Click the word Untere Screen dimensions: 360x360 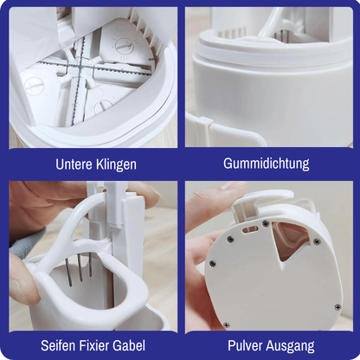point(74,164)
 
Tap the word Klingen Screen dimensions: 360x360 point(116,165)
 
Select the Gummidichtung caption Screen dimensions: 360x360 point(267,164)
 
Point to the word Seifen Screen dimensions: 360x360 point(58,345)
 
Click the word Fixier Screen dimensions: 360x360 point(93,345)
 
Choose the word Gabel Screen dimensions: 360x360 point(127,345)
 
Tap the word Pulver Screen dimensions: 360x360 point(245,345)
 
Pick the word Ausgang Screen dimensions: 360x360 point(291,346)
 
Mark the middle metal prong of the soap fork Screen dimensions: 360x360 point(80,267)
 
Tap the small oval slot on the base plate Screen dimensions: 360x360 point(250,229)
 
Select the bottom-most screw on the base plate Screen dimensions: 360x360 point(227,325)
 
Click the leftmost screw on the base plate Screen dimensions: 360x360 point(212,263)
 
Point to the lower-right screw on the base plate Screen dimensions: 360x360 point(337,307)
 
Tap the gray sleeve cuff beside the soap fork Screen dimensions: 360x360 point(28,241)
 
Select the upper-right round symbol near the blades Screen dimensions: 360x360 point(122,46)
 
